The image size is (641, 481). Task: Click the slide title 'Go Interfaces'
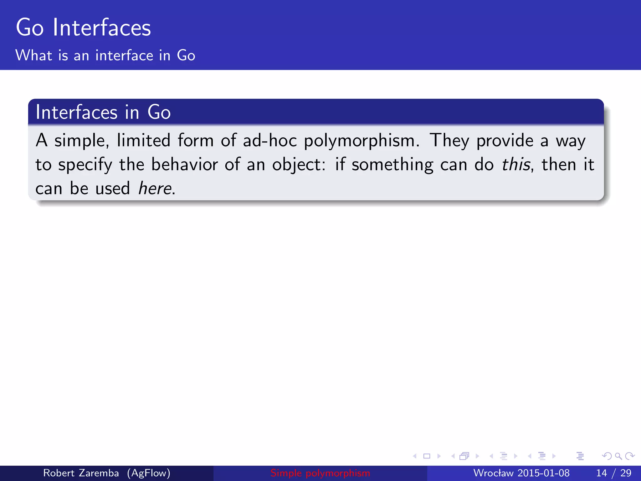[x=83, y=28]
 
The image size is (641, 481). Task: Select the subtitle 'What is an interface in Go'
[x=105, y=55]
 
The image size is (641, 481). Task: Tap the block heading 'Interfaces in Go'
[x=103, y=112]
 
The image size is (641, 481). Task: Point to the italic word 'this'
[x=516, y=164]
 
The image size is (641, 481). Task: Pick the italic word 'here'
[x=155, y=189]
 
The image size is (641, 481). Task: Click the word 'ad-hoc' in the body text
[x=270, y=140]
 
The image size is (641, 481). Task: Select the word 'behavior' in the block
[x=184, y=164]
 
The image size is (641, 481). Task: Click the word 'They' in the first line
[x=449, y=141]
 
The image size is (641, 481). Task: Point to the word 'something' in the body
[x=392, y=165]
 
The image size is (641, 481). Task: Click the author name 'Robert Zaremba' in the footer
[x=81, y=473]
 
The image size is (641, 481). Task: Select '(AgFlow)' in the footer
[x=149, y=473]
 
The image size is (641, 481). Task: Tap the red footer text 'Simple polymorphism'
[x=320, y=473]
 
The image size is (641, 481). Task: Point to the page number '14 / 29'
[x=613, y=473]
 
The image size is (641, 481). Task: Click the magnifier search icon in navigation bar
[x=618, y=456]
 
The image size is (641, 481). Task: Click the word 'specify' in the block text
[x=85, y=165]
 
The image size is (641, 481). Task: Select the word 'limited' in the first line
[x=144, y=140]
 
